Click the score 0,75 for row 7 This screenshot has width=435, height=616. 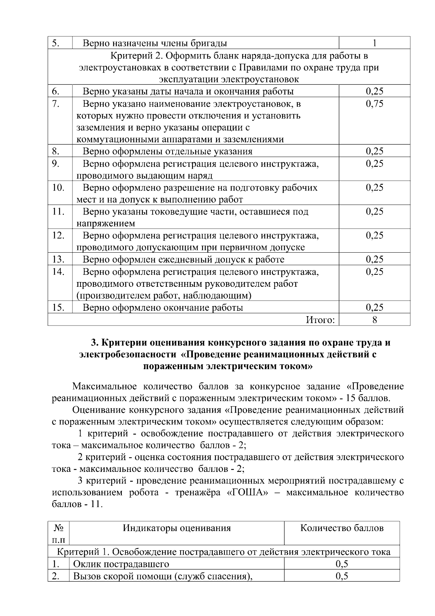coord(374,104)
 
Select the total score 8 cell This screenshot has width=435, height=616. coord(374,320)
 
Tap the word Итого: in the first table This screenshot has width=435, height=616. coord(320,320)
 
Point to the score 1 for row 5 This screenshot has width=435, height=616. coord(374,43)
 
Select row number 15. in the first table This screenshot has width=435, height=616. coord(58,308)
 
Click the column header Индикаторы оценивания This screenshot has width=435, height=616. coord(177,528)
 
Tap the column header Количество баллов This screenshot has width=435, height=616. coord(342,528)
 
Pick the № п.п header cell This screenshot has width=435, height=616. coord(58,534)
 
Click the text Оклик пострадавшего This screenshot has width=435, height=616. coord(121,564)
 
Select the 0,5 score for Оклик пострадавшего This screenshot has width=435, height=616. coord(342,564)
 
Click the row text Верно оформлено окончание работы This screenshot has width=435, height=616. coord(163,308)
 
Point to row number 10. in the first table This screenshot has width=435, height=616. coord(58,188)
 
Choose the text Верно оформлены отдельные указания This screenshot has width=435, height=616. coord(167,151)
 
